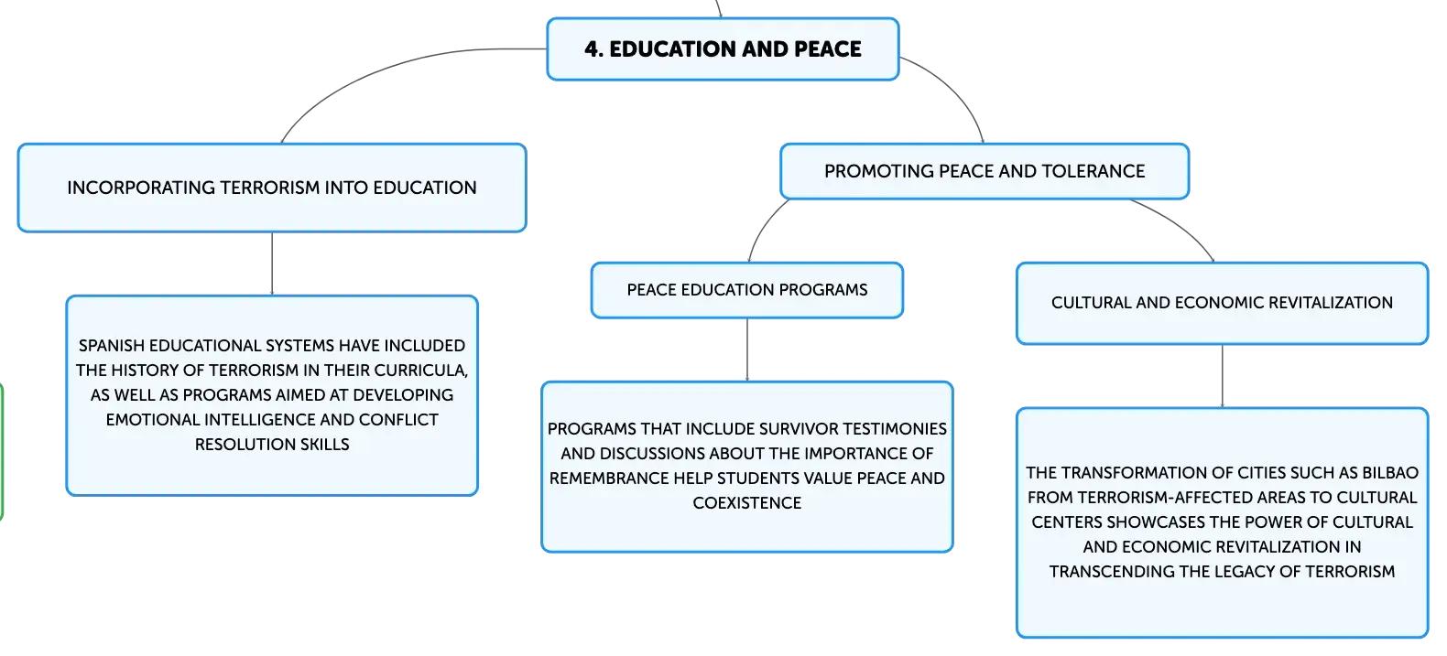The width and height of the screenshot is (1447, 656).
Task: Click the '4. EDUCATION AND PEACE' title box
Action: (723, 49)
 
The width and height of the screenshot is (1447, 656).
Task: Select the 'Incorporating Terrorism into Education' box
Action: (272, 188)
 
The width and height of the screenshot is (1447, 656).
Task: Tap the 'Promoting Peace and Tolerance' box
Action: (985, 171)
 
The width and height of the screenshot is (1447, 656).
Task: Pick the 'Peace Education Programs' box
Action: (746, 290)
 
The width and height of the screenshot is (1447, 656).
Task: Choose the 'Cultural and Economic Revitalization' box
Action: (1222, 303)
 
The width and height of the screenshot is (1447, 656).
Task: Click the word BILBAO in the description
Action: (1390, 473)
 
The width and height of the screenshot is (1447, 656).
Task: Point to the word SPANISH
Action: (112, 346)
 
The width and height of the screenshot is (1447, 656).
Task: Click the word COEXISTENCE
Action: (746, 503)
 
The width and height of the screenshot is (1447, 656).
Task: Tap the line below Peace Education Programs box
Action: (747, 350)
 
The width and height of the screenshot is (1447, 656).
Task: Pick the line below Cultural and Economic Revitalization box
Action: (1223, 376)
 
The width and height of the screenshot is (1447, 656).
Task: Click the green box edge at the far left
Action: (2, 452)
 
